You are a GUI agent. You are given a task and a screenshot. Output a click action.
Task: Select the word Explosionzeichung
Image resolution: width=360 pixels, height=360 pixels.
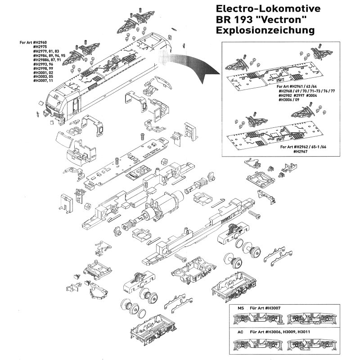[x=265, y=31]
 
